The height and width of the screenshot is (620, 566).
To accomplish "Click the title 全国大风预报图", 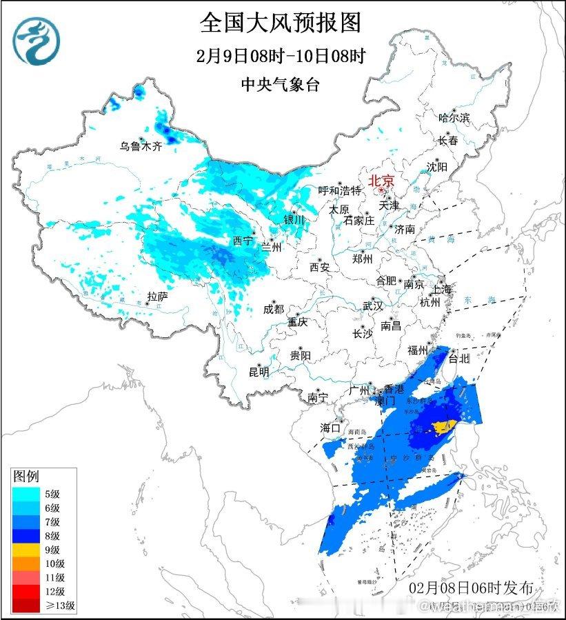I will coord(281,23).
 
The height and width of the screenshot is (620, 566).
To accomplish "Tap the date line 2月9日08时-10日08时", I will coord(281,56).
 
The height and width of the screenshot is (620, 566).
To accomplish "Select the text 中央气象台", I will coord(281,85).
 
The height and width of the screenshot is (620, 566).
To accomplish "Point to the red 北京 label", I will coord(382,181).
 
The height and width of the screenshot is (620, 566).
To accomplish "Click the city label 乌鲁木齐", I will coord(140,146).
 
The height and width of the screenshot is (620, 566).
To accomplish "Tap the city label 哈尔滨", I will coord(454,118).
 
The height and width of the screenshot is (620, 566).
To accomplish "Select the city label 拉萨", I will coord(157,297).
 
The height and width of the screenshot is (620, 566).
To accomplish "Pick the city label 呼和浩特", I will coord(339,190).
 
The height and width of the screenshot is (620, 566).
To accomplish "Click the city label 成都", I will coord(273,310).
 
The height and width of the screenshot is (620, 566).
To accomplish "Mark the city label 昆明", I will coord(259,372).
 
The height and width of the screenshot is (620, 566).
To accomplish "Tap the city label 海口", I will coord(331,428).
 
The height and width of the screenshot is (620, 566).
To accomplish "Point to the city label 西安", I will coord(320,266).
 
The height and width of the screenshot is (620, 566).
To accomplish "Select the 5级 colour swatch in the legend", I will coord(20,493).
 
